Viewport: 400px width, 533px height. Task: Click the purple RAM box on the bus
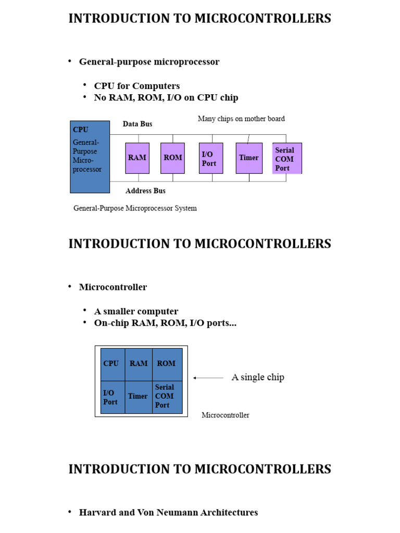137,158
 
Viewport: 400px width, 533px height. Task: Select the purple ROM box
172,158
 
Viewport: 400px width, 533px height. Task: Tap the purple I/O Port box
211,158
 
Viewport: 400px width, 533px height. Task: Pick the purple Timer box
248,158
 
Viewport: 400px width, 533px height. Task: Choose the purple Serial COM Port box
286,158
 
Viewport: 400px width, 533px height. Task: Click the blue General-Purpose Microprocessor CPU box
90,157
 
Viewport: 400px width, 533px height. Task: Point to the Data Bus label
137,124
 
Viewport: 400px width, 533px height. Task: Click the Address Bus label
145,191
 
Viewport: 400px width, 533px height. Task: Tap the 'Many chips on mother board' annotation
241,119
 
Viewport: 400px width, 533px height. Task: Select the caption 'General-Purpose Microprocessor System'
135,208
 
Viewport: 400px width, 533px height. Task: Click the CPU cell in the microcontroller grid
112,364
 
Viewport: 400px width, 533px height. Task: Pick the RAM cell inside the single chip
139,364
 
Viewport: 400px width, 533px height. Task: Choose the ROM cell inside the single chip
167,364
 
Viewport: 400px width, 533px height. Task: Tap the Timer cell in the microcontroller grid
138,396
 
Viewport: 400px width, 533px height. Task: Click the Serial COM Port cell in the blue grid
167,396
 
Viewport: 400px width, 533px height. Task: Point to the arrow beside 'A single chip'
208,378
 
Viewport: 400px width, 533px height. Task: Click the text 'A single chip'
258,377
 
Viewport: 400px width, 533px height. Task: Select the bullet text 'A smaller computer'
136,311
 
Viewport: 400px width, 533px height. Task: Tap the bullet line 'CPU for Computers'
137,86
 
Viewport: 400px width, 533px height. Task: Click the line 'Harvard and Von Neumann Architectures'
168,512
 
